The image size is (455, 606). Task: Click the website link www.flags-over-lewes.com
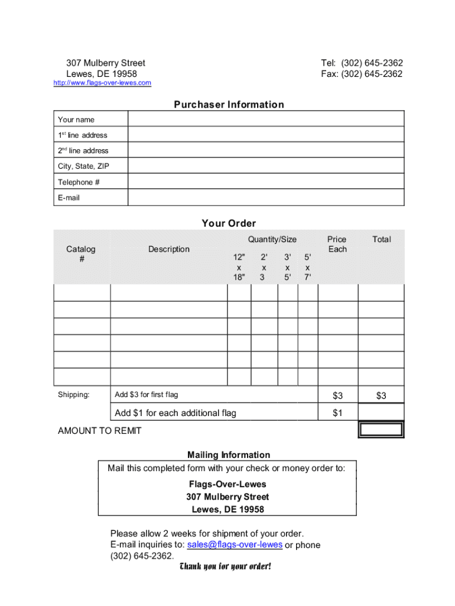coord(102,83)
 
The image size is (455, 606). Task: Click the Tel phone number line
coord(362,63)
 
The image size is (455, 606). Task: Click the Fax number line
coord(362,74)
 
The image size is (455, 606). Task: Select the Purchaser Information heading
coord(229,105)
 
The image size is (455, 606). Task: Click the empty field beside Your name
coord(266,120)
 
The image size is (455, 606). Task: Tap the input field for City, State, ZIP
coord(266,166)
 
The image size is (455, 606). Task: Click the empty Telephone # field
coord(266,182)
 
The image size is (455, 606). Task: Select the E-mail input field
coord(266,198)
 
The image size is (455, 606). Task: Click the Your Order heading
coord(229,223)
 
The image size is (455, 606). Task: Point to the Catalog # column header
coord(81,254)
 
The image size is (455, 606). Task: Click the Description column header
coord(169,249)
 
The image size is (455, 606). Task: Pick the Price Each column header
coord(337,244)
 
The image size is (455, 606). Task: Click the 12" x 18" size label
coord(239,267)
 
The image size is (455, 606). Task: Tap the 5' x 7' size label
coord(307,267)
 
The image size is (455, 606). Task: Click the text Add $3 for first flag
coord(146,395)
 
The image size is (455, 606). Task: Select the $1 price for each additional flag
coord(337,413)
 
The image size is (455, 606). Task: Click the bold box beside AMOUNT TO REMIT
coord(381,430)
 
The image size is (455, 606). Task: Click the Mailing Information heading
coord(229,455)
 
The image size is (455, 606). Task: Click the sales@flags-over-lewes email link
coord(234,545)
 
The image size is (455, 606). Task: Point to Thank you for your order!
coord(225,567)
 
